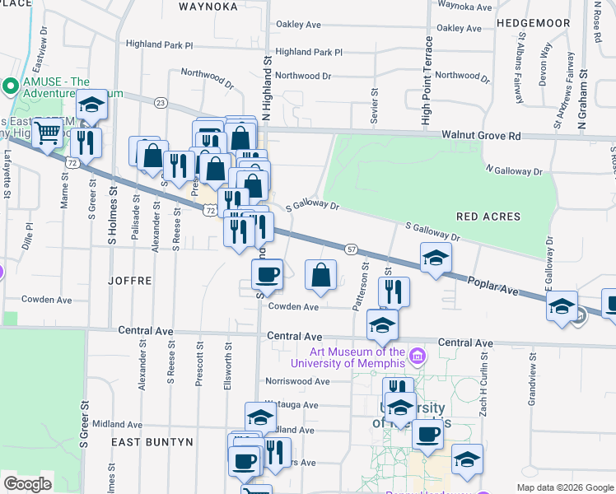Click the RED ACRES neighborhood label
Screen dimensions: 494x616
(488, 217)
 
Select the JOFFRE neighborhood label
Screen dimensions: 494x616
(130, 280)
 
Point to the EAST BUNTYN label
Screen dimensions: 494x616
(152, 442)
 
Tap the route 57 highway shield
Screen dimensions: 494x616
(351, 248)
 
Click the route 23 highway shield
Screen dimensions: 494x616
(161, 102)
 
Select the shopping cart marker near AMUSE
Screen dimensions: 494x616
(49, 133)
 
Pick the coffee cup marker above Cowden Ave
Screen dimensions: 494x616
(267, 273)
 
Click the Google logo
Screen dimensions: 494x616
(27, 483)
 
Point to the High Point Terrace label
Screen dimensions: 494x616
(427, 81)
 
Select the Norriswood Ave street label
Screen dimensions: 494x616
(296, 381)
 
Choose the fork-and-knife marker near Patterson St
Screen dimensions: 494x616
(394, 291)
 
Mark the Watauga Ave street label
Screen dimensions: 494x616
(292, 405)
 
